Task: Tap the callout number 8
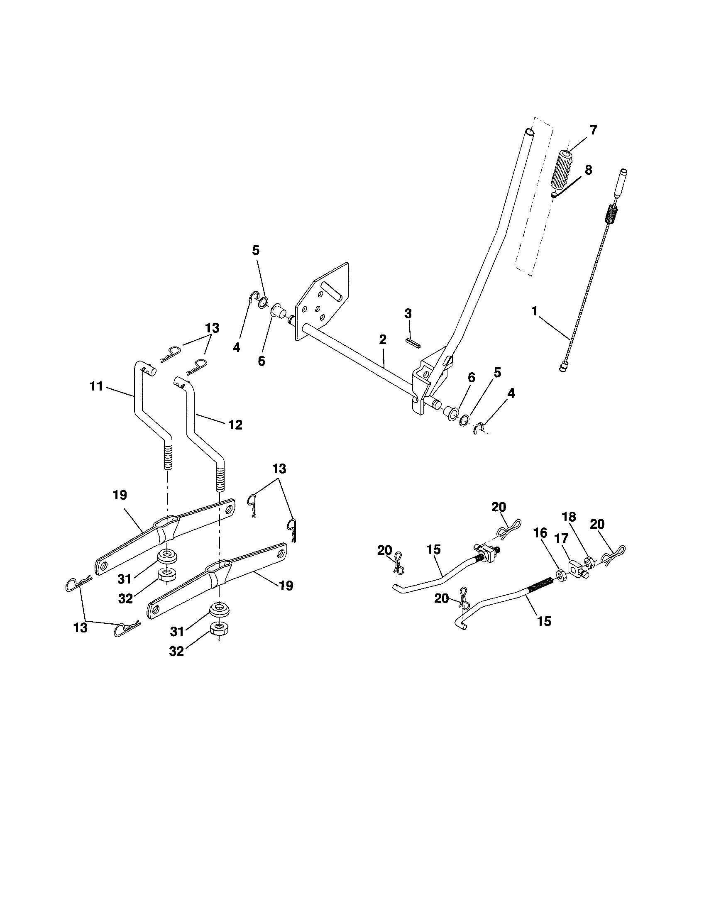(588, 170)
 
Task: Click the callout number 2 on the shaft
(383, 339)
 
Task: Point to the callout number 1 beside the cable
(534, 311)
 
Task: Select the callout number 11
(96, 386)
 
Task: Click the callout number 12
(235, 425)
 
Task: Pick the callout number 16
(540, 532)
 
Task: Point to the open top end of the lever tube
(530, 132)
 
